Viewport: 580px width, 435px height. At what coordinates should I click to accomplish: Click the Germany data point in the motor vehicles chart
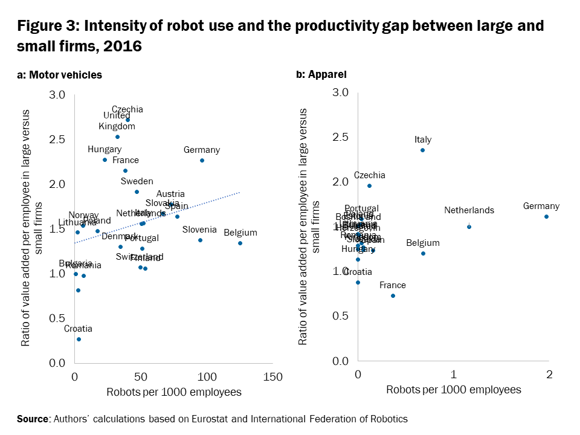202,160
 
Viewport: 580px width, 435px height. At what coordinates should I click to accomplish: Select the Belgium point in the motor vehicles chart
240,243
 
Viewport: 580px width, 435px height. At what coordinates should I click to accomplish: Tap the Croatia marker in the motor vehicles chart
79,339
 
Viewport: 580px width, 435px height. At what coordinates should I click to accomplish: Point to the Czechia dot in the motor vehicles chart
127,120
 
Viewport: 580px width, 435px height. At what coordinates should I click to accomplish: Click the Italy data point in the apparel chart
422,150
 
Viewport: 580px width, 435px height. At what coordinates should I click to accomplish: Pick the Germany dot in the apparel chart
546,216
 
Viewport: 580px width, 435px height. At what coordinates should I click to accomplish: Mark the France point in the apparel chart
393,295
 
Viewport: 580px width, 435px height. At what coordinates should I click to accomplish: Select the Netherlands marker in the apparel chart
469,227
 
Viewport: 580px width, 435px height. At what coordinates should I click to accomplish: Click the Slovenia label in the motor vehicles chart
199,230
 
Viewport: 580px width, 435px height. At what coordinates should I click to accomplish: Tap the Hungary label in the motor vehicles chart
105,149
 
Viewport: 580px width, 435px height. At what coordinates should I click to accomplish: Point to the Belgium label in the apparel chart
423,243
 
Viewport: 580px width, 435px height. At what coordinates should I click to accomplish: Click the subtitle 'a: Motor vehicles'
59,75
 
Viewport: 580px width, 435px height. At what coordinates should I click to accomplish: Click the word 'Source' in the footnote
34,419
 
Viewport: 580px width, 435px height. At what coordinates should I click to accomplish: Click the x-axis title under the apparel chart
453,390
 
